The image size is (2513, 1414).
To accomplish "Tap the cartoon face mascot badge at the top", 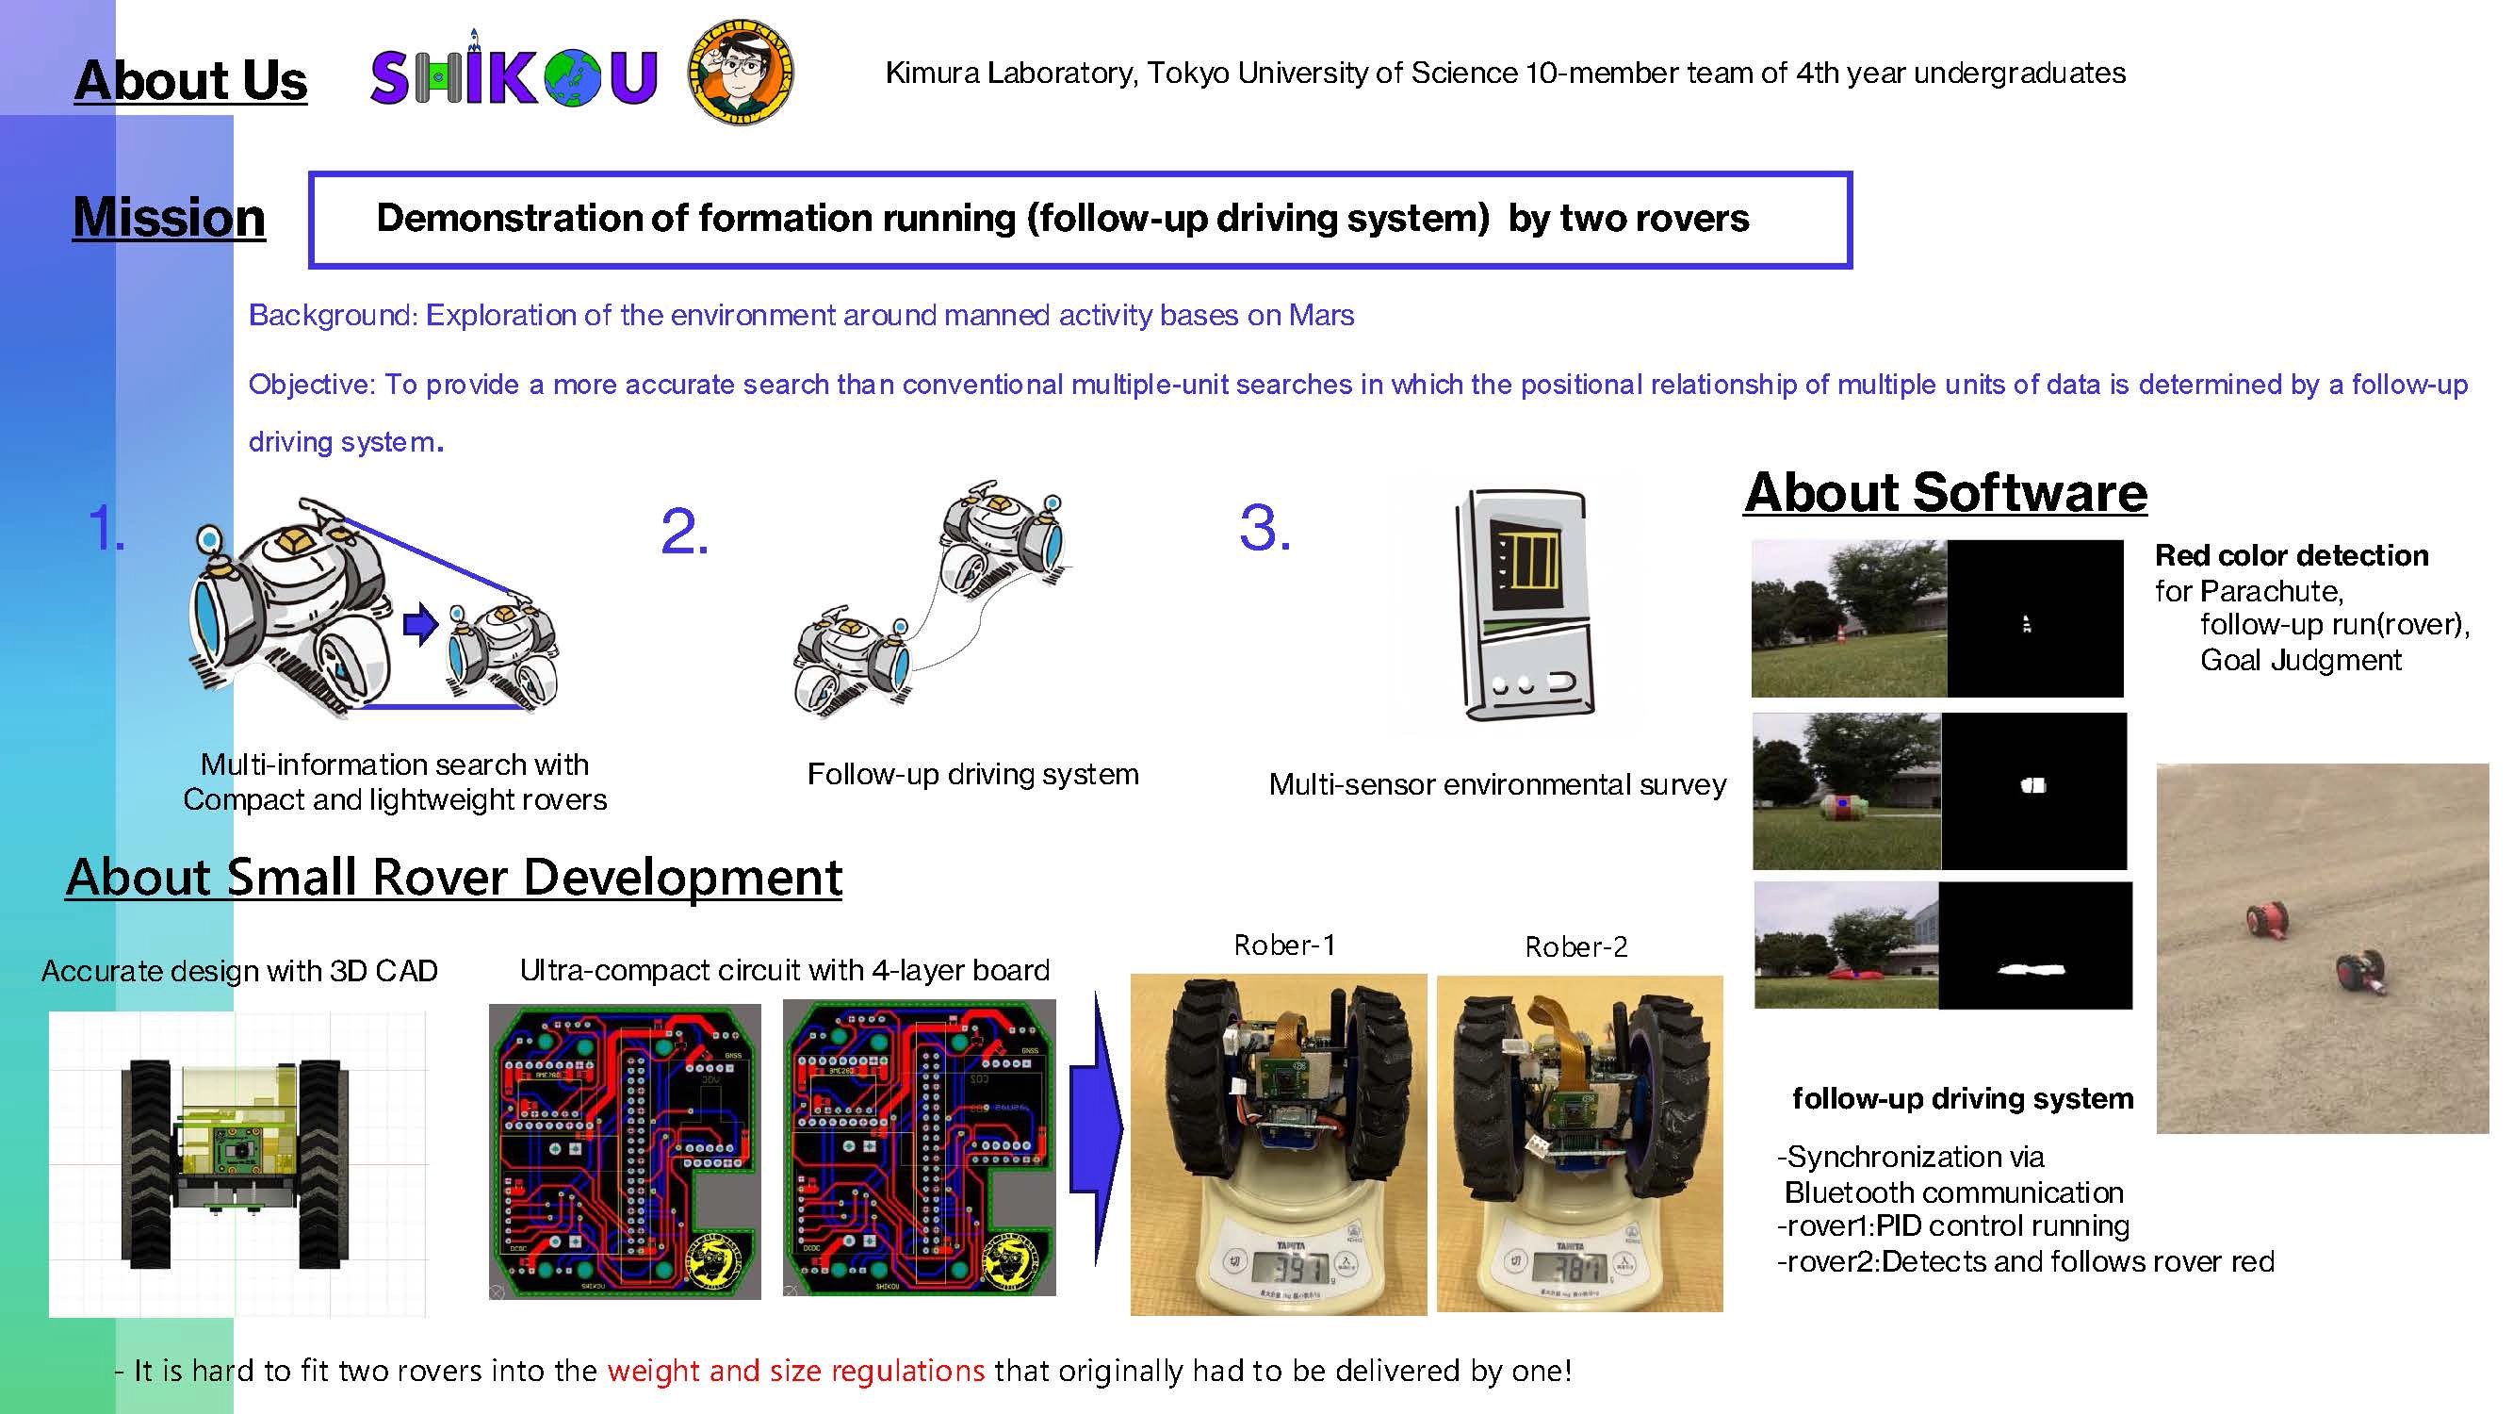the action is (742, 72).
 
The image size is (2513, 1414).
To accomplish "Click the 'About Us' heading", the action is (191, 80).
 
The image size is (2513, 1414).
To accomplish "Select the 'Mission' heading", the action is (169, 217).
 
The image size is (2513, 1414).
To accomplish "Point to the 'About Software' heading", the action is (1945, 492).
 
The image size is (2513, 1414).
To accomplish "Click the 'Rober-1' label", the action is (1283, 945).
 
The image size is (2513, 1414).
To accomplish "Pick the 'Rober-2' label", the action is (1575, 946).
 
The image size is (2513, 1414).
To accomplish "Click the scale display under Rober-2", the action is (1570, 1268).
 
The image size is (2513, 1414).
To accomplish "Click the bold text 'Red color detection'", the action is (2292, 555).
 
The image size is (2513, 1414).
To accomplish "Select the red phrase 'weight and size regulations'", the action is (796, 1371).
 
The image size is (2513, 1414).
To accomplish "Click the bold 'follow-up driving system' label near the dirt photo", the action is (1963, 1099).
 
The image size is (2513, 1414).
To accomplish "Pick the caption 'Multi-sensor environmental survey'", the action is (1497, 784).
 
